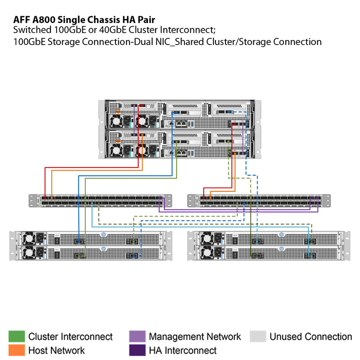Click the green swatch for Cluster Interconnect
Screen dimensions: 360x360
coord(17,337)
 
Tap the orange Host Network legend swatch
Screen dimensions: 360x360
coord(17,350)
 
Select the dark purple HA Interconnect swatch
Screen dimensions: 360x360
coord(137,350)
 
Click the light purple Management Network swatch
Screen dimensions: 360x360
coord(137,337)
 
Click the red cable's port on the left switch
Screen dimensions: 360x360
coord(45,198)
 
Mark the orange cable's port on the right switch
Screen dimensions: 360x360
coord(210,198)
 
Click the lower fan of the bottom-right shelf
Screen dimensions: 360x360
coord(207,252)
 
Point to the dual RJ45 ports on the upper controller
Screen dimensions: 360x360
coord(181,123)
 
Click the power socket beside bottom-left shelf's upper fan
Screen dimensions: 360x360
coord(40,237)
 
